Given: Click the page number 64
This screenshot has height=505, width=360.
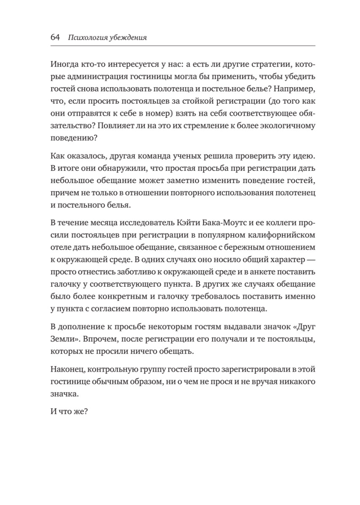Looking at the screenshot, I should point(55,37).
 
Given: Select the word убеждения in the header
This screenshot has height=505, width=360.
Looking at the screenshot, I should point(128,37).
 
